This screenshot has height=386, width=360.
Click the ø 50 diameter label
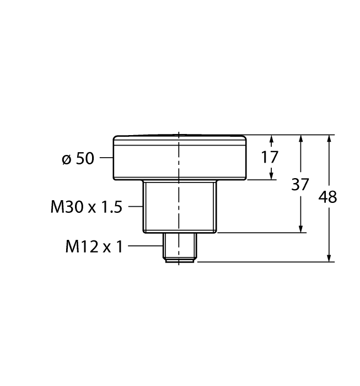[x=78, y=159]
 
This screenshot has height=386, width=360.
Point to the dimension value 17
[x=270, y=157]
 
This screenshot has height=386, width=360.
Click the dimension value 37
[x=300, y=184]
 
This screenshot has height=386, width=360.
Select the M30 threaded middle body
[x=179, y=207]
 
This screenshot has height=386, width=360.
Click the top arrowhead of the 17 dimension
[x=272, y=140]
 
